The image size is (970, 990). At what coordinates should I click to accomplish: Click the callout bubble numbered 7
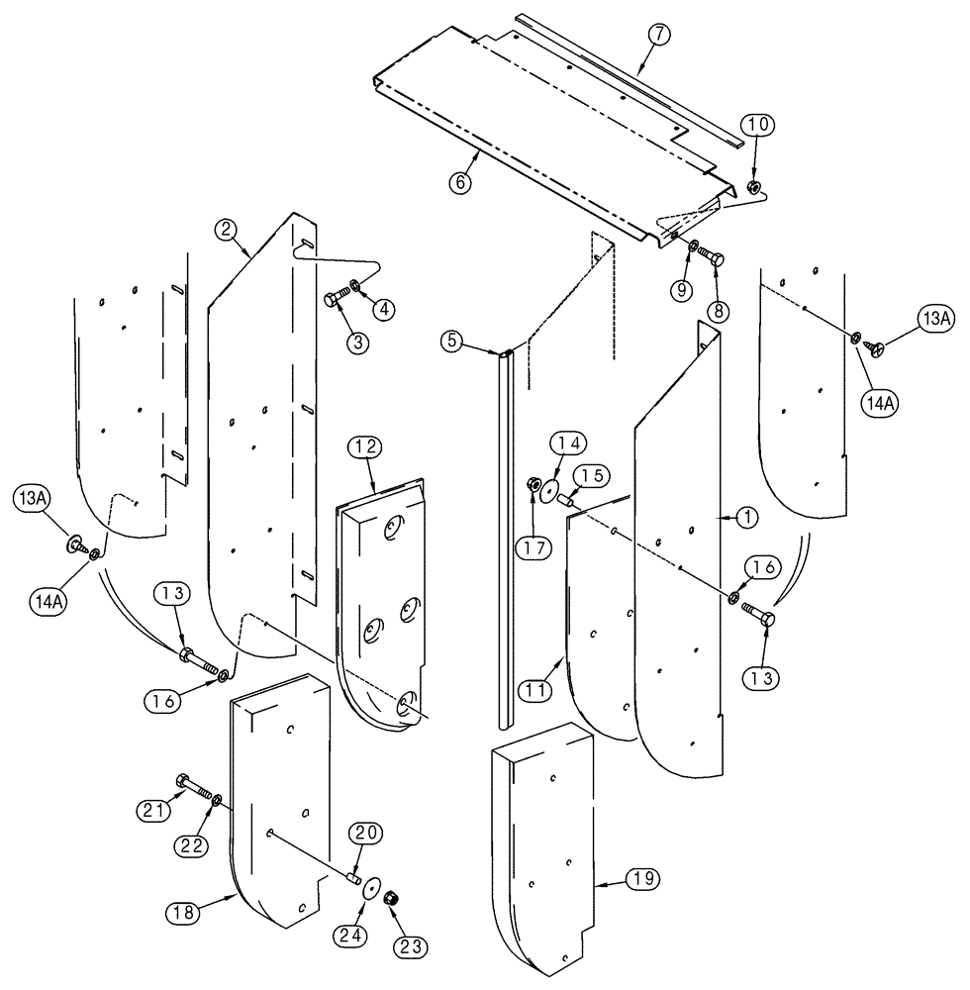660,34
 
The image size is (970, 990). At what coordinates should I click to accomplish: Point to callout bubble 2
227,230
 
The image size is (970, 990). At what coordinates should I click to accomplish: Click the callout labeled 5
452,342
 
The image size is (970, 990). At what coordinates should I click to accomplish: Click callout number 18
216,910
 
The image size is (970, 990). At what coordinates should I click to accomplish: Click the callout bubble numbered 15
591,477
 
